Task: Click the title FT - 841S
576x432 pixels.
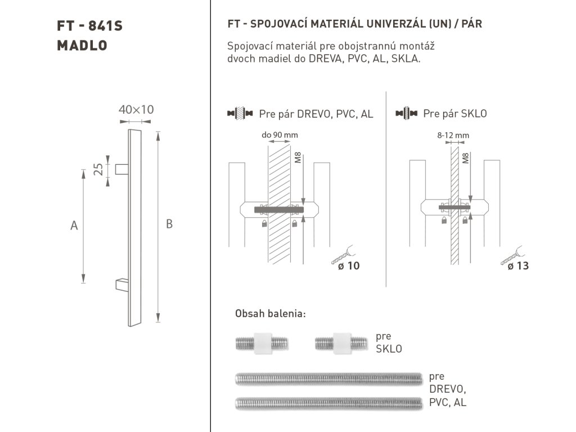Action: [89, 26]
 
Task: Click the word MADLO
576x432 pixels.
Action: [82, 46]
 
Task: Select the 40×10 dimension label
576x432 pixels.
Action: [136, 110]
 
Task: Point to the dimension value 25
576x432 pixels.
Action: [98, 169]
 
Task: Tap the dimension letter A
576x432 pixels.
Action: [74, 225]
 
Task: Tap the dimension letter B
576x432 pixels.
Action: [169, 224]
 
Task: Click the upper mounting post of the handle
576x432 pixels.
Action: [121, 169]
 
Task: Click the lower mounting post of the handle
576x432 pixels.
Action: [122, 285]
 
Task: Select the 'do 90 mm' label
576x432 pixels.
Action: [280, 135]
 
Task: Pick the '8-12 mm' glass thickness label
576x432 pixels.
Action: [453, 135]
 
